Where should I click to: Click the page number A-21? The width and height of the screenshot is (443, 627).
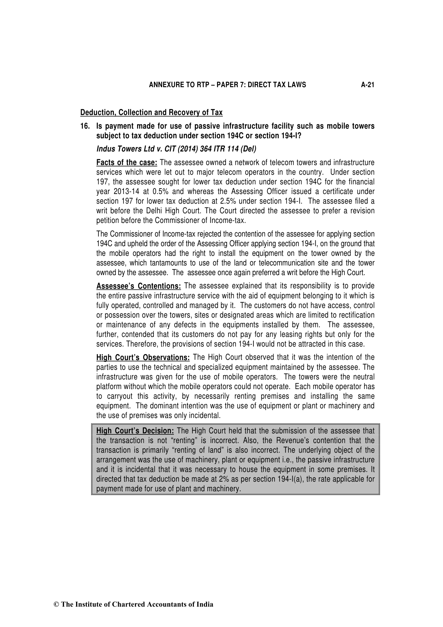point(367,85)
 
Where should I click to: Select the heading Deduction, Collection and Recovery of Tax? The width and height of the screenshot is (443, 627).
point(151,113)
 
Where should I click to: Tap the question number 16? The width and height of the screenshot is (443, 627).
point(85,126)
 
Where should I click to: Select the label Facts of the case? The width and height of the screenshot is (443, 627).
point(127,163)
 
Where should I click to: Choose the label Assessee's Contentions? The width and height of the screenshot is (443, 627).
point(139,286)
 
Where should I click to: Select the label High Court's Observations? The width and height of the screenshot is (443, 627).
point(143,358)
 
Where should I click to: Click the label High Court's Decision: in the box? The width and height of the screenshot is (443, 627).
point(135,431)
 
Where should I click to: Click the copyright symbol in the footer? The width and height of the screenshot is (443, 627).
point(56,604)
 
